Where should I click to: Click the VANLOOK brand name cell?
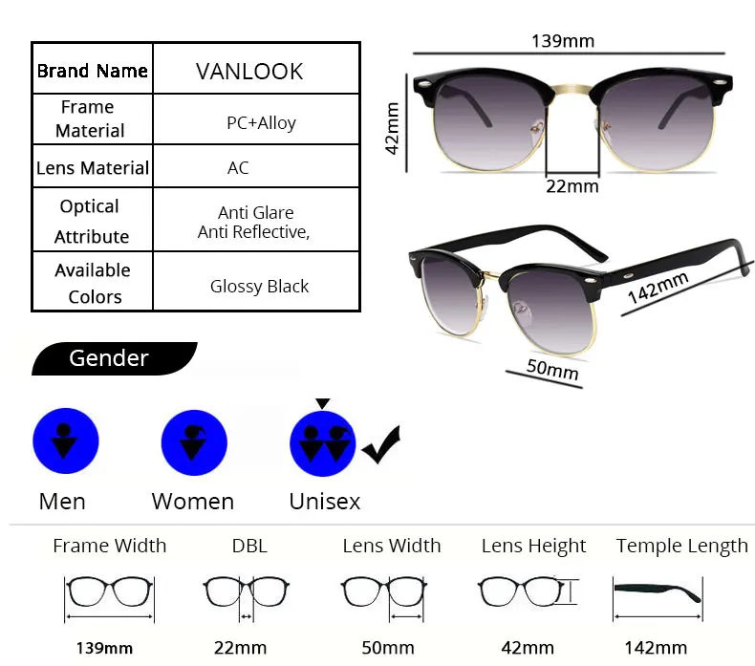click(x=249, y=72)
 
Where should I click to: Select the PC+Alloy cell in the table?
click(x=261, y=122)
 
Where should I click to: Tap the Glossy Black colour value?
click(x=259, y=286)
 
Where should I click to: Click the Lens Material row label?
click(x=93, y=168)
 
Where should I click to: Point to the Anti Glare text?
click(x=255, y=212)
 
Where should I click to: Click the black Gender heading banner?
click(x=110, y=358)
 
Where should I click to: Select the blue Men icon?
click(x=66, y=440)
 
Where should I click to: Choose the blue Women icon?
click(x=194, y=440)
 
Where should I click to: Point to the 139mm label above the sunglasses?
click(x=563, y=40)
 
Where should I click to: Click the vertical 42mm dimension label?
click(x=391, y=128)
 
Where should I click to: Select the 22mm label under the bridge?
click(x=572, y=186)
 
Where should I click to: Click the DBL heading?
click(x=249, y=546)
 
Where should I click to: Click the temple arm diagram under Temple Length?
click(x=658, y=591)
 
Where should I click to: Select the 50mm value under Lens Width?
click(x=388, y=648)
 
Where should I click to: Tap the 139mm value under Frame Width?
click(x=105, y=648)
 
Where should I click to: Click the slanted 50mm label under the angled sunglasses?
click(x=552, y=367)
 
